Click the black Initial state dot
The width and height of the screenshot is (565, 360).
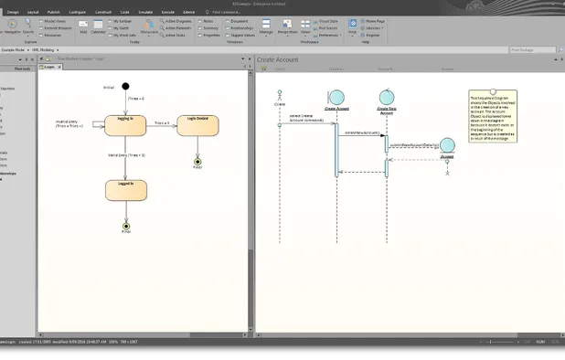[x=126, y=86]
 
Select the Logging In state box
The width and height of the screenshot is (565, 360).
[x=126, y=124]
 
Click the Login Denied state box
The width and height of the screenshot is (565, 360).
[x=197, y=125]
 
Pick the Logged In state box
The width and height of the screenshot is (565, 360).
[x=126, y=189]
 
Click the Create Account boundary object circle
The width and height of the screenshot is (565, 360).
[x=336, y=97]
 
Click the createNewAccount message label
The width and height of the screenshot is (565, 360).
[x=362, y=132]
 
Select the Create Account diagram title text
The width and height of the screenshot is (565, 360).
[x=277, y=59]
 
